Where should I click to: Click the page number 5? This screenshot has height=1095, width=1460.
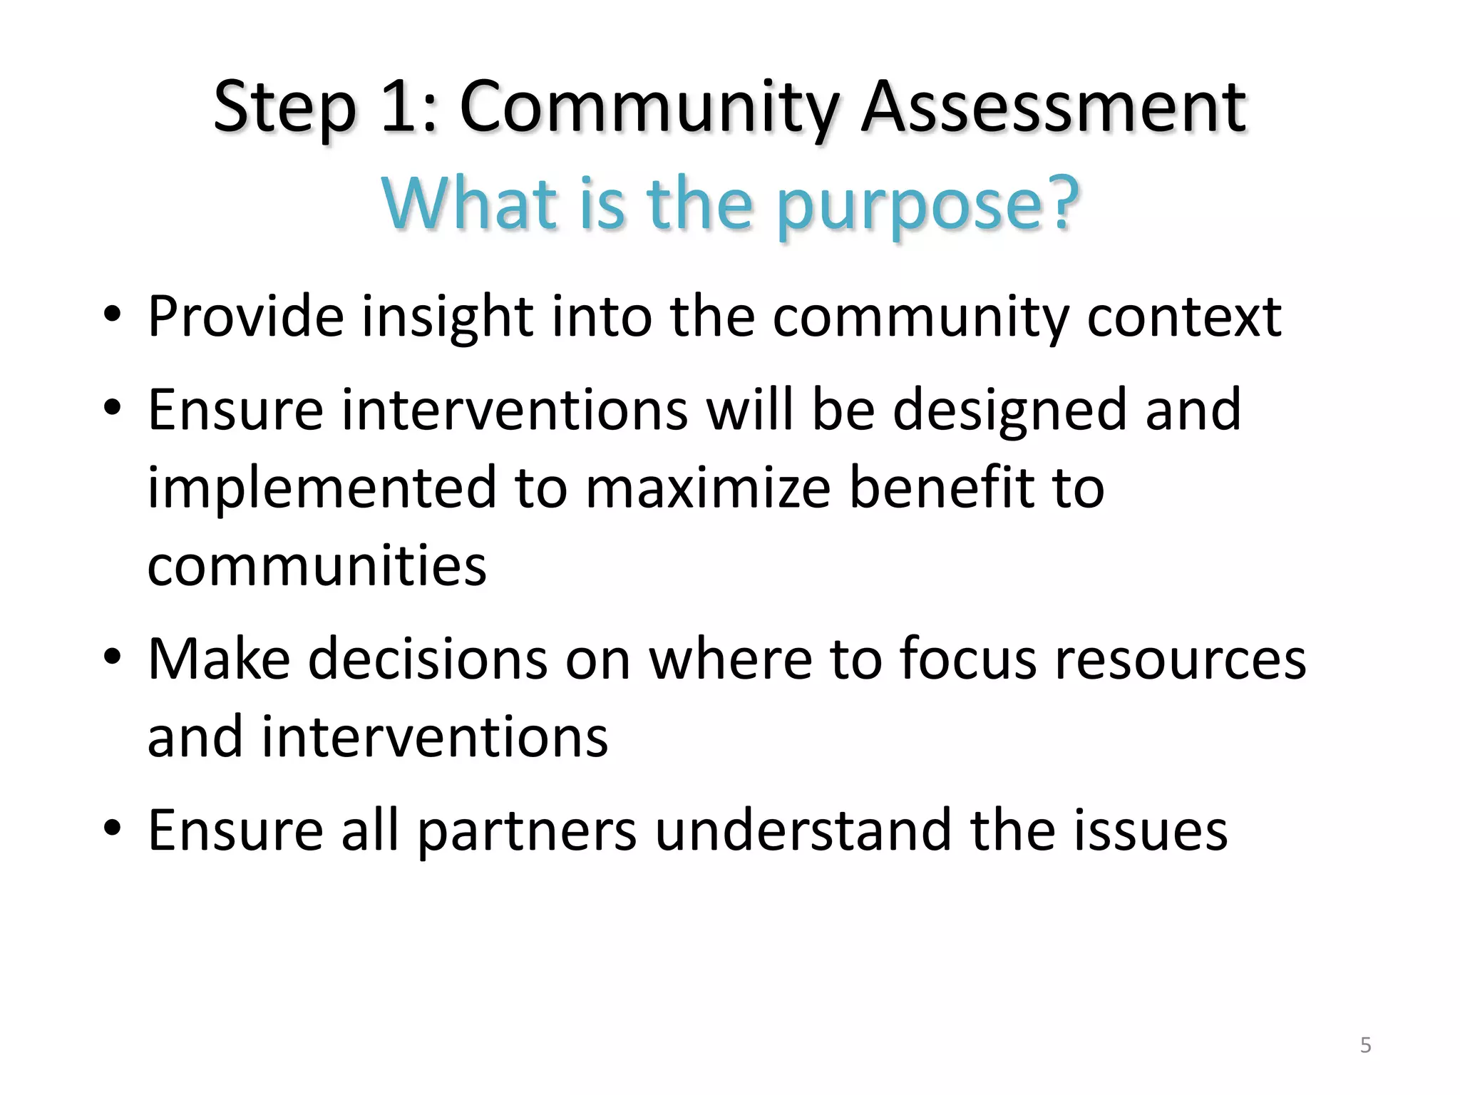[x=1365, y=1045]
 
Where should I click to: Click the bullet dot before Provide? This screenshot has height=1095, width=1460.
[x=113, y=314]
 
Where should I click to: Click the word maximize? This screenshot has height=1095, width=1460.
[x=708, y=488]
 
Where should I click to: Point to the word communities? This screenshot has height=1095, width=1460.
[x=317, y=565]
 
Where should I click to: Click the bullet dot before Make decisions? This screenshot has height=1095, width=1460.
[x=113, y=657]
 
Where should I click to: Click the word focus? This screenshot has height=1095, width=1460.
[x=967, y=659]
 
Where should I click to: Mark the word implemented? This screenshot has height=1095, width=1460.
[x=322, y=488]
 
